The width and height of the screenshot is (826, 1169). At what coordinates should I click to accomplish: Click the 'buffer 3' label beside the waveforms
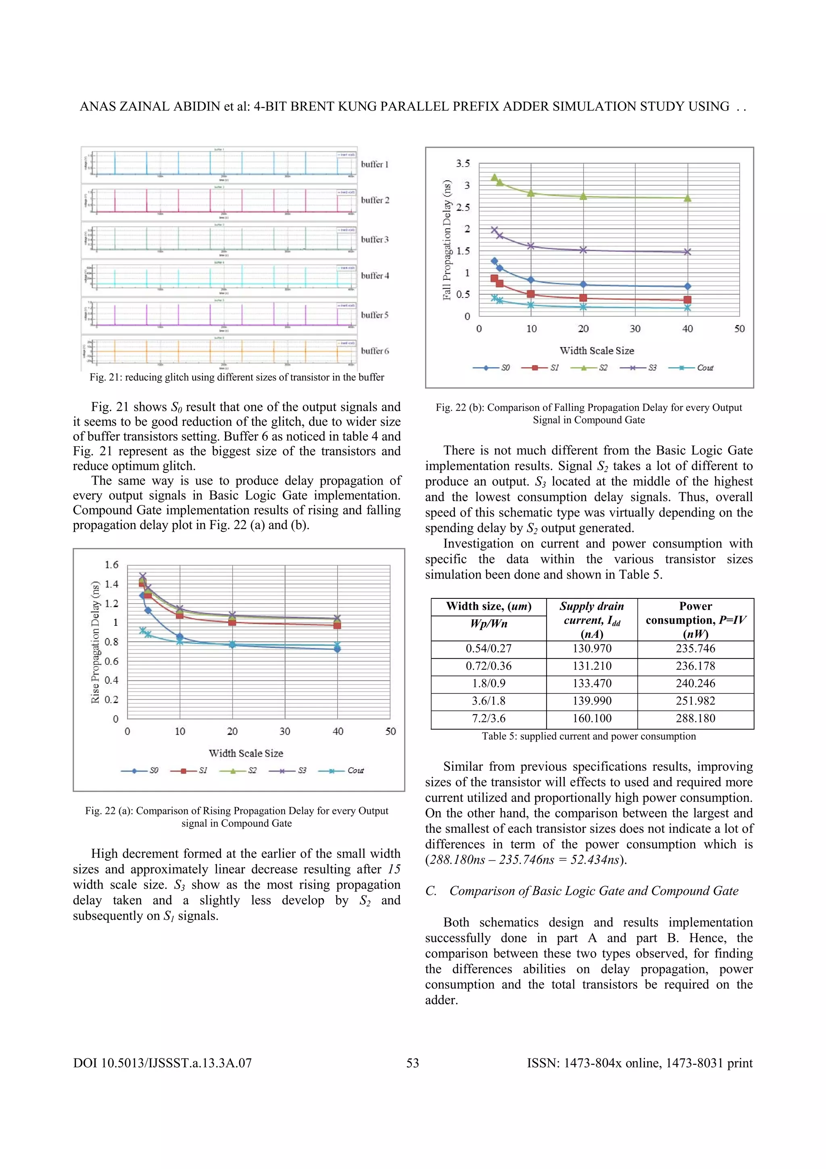[375, 239]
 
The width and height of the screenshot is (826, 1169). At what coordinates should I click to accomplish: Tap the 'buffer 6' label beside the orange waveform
[375, 351]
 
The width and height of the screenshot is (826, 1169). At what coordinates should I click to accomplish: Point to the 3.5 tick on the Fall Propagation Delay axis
[463, 163]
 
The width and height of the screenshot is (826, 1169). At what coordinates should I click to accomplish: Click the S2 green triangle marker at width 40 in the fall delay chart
[688, 198]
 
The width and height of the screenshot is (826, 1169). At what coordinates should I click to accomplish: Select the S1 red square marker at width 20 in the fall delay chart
[583, 298]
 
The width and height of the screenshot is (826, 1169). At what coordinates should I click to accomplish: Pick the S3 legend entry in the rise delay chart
[301, 770]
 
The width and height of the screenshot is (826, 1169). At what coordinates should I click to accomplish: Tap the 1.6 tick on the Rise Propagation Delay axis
[111, 565]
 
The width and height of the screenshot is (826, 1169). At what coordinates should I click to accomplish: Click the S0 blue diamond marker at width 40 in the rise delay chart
[338, 648]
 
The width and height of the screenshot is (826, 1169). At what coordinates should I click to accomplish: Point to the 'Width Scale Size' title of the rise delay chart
[246, 753]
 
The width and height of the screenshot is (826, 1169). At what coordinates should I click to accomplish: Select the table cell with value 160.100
[592, 718]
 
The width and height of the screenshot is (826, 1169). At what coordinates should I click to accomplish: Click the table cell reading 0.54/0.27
[488, 648]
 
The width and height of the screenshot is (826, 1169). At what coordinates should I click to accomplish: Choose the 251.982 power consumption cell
[695, 701]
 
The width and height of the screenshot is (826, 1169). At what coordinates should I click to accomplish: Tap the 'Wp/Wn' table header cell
[488, 624]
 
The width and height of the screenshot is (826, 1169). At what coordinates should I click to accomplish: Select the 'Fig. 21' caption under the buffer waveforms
[237, 377]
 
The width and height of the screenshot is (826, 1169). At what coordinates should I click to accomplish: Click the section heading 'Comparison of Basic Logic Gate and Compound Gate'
[593, 891]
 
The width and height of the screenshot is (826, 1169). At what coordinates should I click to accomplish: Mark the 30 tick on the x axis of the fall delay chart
[635, 329]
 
